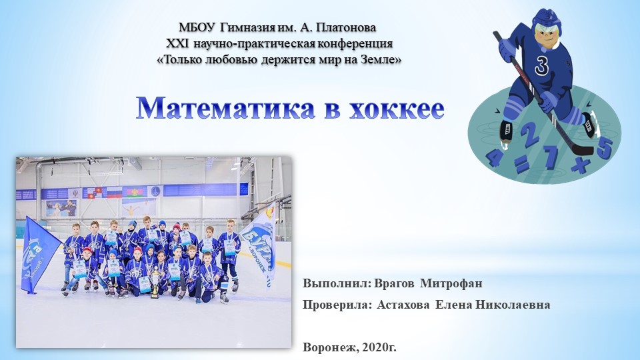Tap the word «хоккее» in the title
tap(395, 107)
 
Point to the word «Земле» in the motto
tap(381, 59)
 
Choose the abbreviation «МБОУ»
tap(197, 27)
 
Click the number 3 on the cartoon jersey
tap(541, 66)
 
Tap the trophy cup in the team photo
tap(155, 283)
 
